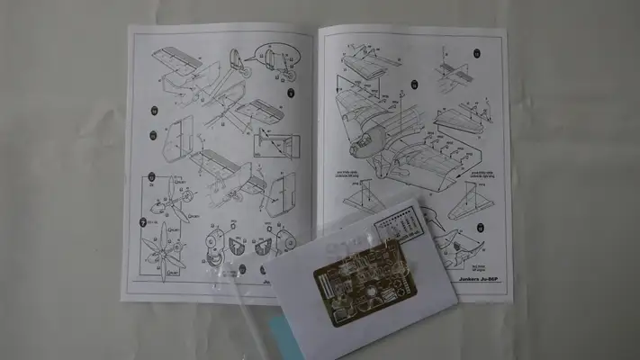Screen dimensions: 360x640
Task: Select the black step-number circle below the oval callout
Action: pos(292,93)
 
